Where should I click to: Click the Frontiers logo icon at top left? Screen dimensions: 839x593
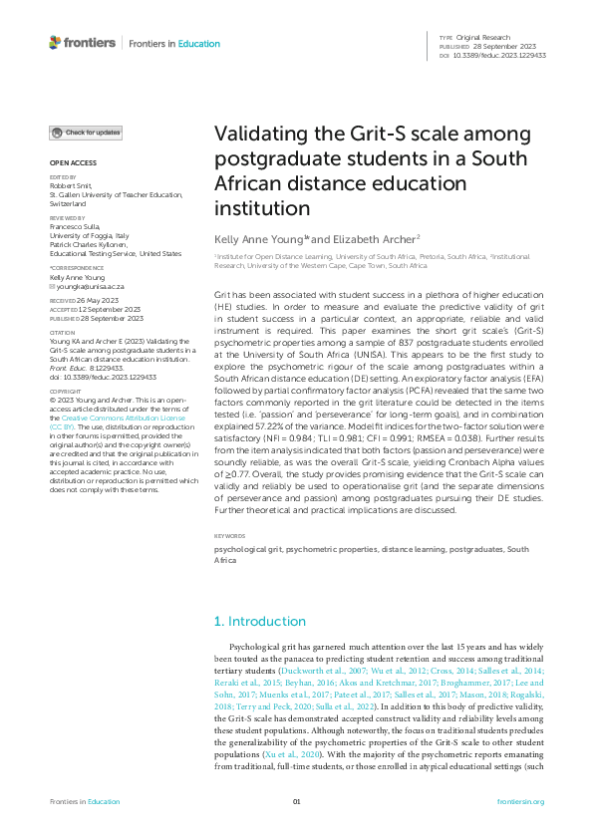click(55, 43)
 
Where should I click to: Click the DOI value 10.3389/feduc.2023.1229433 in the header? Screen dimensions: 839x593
click(506, 54)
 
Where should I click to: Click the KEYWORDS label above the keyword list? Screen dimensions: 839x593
click(231, 536)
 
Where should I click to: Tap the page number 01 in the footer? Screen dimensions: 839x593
click(296, 802)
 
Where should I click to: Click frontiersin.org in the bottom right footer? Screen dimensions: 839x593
click(518, 802)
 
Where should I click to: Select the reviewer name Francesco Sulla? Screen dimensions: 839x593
click(78, 224)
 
